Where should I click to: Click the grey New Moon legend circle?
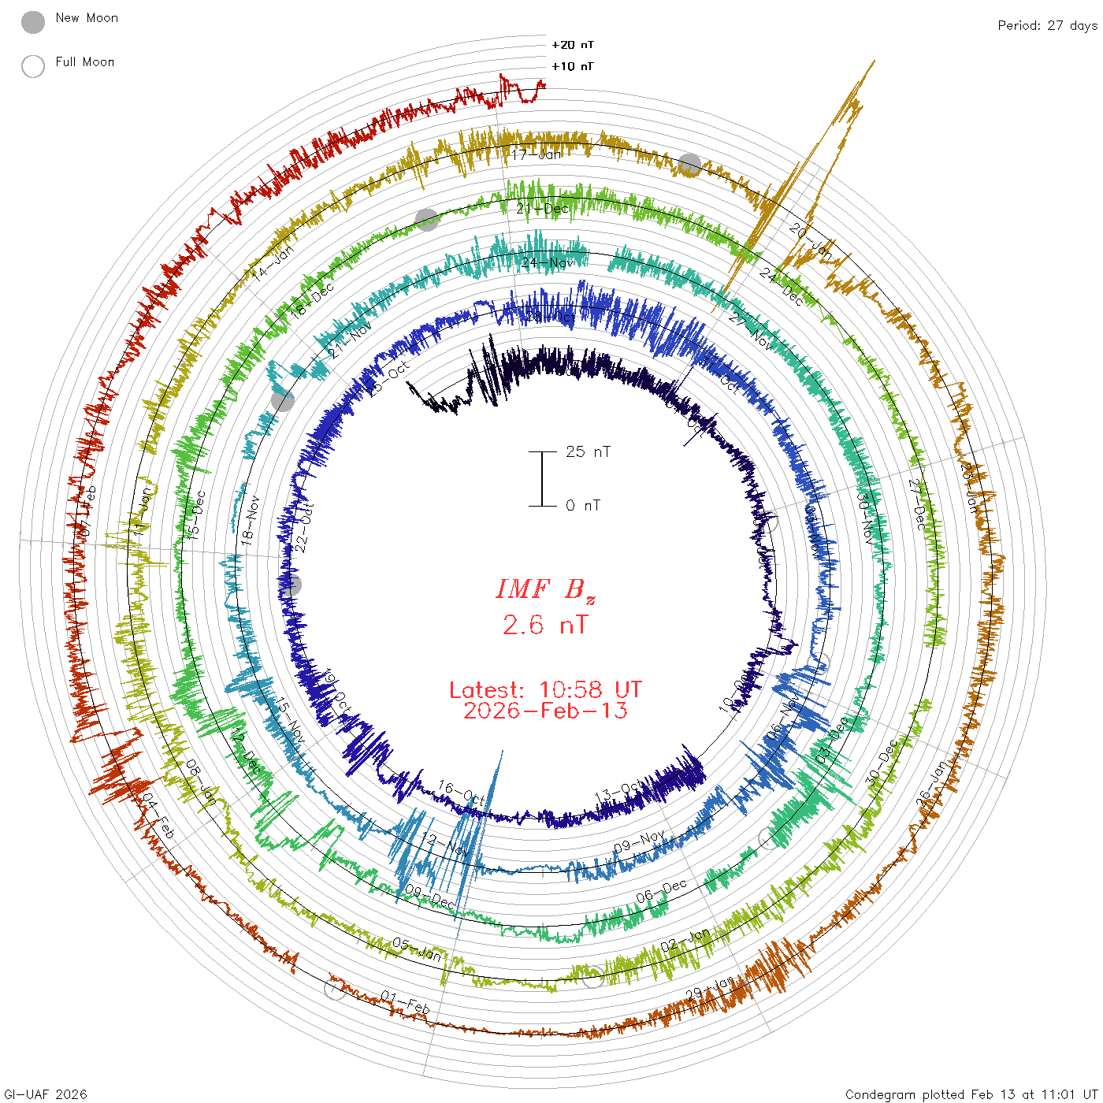tap(33, 23)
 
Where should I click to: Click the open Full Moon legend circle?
tap(33, 66)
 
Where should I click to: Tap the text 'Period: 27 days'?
tap(1047, 26)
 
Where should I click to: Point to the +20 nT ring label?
tap(573, 46)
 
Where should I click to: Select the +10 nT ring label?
tap(573, 67)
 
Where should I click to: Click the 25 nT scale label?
tap(588, 452)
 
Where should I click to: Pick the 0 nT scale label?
tap(583, 506)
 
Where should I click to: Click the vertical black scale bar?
tap(542, 479)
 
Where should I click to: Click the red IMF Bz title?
tap(545, 590)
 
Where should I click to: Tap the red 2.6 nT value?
tap(545, 626)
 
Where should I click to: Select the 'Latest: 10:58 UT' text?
tap(545, 690)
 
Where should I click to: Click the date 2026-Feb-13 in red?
tap(545, 711)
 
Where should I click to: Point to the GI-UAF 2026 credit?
tap(46, 1094)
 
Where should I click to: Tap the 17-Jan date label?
tap(537, 155)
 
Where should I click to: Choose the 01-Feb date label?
tap(406, 1003)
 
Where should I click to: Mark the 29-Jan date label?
tap(709, 988)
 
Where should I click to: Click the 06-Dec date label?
tap(662, 891)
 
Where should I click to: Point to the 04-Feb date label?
tap(158, 816)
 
